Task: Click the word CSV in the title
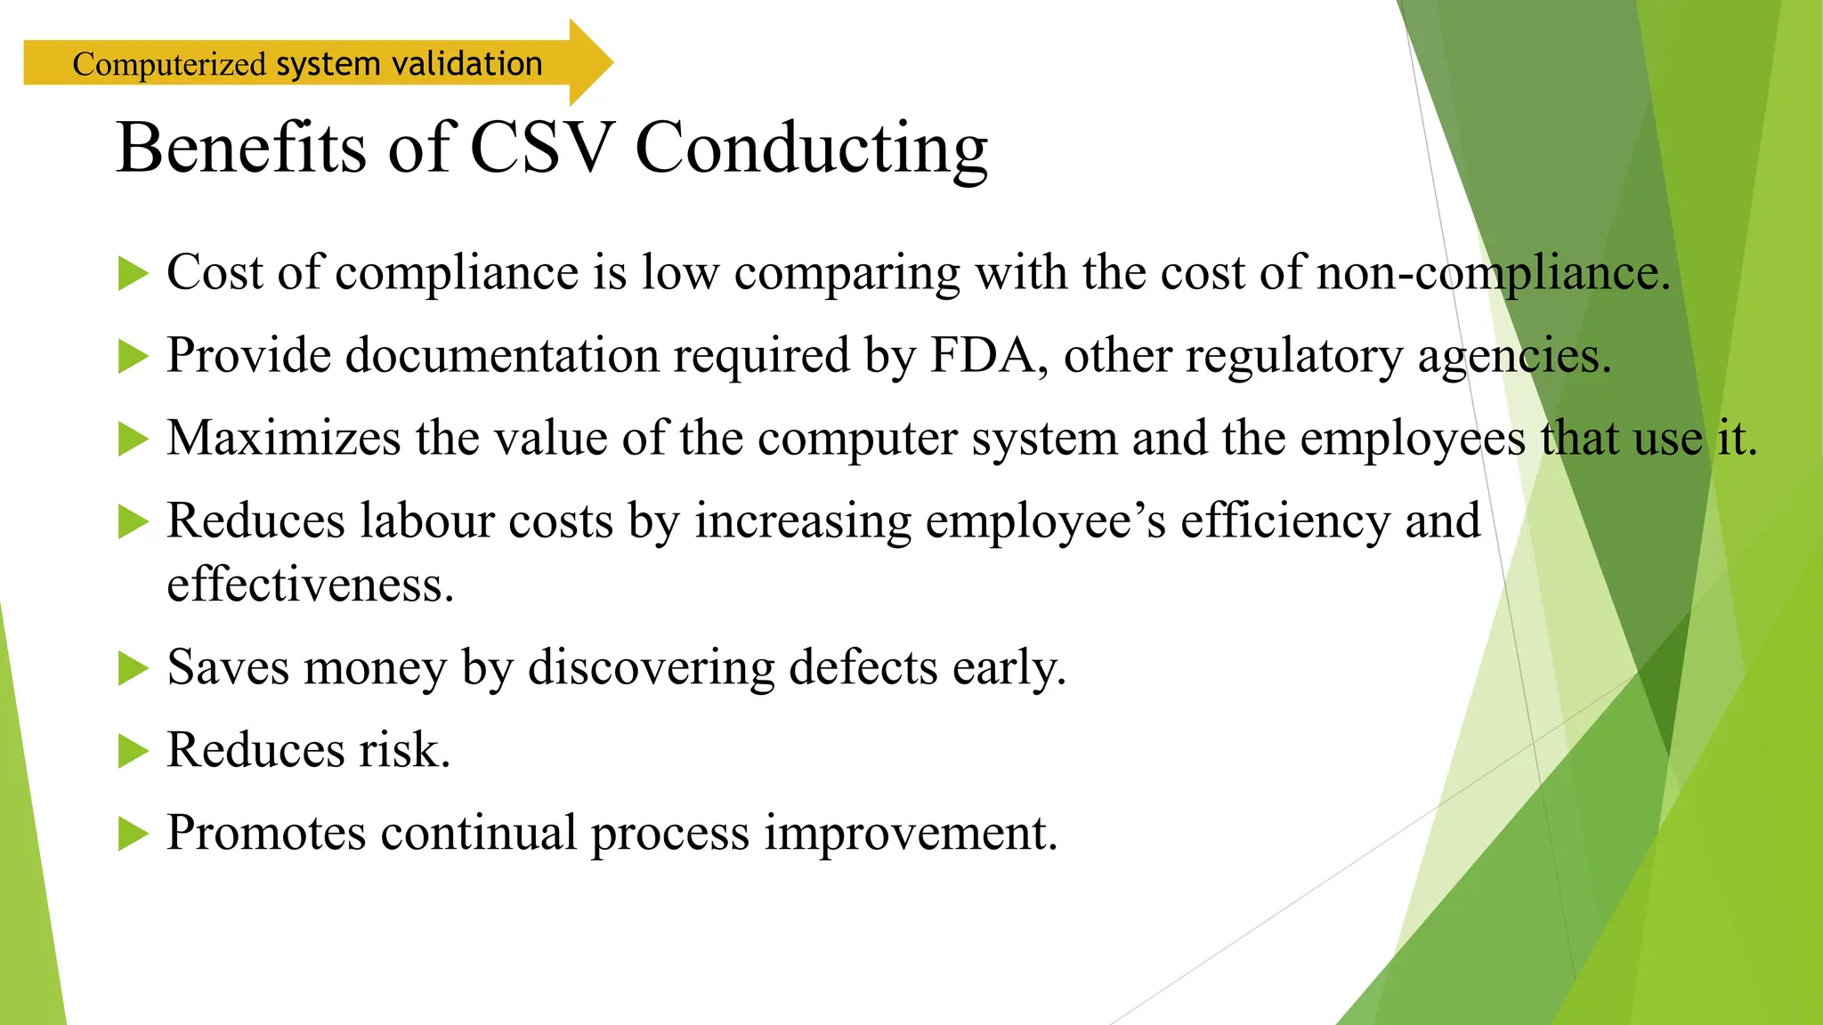[541, 148]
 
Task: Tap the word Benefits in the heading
[240, 148]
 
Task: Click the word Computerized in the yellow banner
[169, 65]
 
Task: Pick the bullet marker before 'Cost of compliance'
[133, 273]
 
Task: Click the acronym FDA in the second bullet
[983, 355]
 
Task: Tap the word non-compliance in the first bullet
[1493, 273]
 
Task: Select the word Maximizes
[283, 438]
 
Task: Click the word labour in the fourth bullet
[426, 521]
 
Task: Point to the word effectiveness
[310, 585]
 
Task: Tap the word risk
[404, 750]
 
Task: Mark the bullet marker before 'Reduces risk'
[133, 751]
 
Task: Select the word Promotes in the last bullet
[266, 834]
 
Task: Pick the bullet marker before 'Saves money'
[133, 668]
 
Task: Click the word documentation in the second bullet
[501, 355]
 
